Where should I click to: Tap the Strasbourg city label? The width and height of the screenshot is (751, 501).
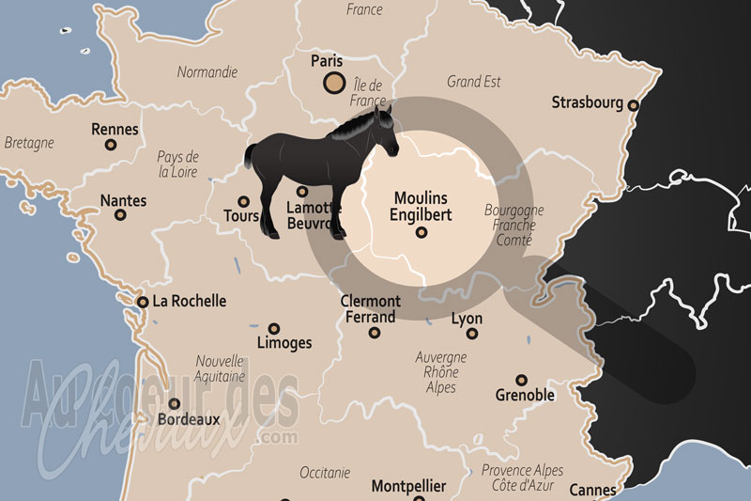tap(587, 102)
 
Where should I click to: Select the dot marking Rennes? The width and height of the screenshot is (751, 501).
tap(111, 145)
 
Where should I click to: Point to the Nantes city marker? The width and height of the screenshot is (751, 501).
tap(120, 214)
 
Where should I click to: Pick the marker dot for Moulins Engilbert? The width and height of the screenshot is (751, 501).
tap(421, 231)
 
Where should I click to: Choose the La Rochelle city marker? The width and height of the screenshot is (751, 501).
tap(142, 302)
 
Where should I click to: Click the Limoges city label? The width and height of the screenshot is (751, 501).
tap(284, 343)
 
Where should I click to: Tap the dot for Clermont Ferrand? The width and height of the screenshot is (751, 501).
tap(375, 332)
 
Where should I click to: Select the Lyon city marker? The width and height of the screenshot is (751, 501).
tap(472, 333)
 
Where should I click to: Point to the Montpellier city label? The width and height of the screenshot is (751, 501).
tap(408, 487)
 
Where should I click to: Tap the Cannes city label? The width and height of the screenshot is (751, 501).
tap(593, 490)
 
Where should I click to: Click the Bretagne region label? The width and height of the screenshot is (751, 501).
tap(29, 143)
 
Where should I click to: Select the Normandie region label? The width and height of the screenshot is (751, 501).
tap(207, 72)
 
